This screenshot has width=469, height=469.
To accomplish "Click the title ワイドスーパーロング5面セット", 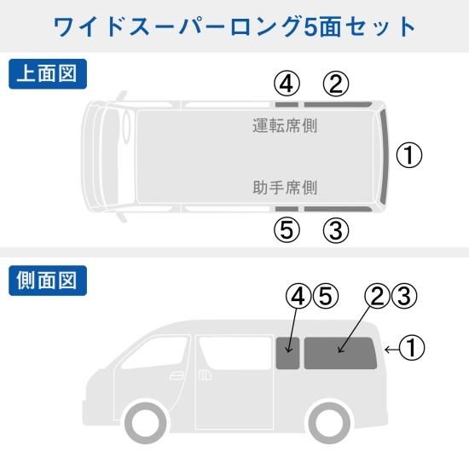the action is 234,27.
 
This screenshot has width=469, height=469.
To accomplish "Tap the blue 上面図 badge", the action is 48,74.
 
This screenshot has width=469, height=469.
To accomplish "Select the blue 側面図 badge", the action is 48,281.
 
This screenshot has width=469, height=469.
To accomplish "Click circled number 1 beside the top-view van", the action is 409,155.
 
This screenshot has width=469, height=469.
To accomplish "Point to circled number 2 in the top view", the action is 336,84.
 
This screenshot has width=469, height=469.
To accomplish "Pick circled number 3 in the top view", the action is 336,230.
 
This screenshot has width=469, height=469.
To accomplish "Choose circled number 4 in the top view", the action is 287,84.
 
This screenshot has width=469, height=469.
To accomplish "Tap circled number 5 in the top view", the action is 287,230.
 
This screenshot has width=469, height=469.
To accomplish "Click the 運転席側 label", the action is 285,125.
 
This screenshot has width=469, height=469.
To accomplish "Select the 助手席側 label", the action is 285,188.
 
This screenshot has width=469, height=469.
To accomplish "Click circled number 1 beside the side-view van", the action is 412,347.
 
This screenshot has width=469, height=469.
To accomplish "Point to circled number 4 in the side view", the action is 298,296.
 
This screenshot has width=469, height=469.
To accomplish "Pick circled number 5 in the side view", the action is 326,296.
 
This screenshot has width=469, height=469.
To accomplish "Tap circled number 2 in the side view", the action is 377,296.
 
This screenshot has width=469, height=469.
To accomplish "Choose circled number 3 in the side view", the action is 404,296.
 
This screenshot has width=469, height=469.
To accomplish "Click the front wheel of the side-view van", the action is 146,424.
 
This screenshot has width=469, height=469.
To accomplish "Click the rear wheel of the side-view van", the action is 329,424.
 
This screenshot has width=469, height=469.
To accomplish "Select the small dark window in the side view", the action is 287,353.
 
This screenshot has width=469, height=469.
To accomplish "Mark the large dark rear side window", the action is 340,353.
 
